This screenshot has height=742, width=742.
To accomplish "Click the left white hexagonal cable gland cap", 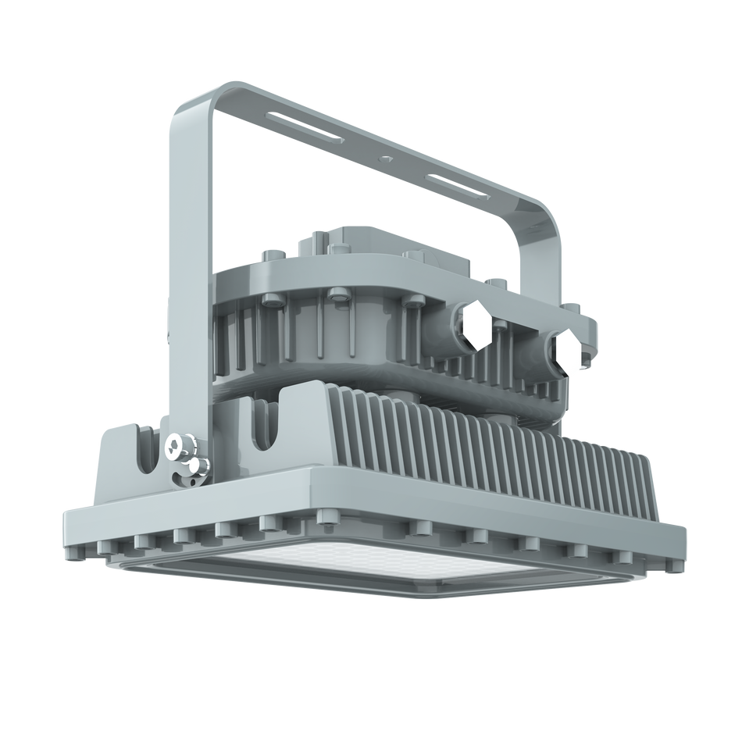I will [475, 326].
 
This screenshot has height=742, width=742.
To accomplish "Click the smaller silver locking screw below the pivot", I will [193, 466].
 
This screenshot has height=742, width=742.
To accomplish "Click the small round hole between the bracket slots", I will [385, 158].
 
